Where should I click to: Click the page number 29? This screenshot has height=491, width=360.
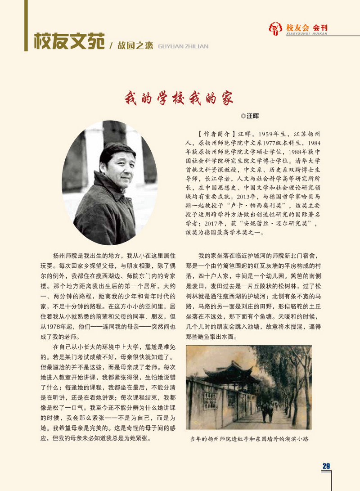326,466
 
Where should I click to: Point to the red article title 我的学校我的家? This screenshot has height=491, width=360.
179,98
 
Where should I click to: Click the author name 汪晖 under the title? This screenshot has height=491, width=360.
253,116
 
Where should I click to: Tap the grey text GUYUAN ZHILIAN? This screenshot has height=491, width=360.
184,45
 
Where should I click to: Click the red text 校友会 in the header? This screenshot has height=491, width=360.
298,27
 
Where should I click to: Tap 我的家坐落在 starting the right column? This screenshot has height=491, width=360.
214,255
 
